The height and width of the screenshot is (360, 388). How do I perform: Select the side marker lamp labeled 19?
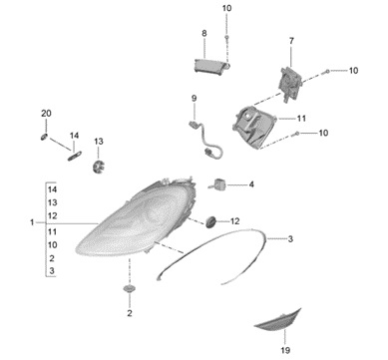277,321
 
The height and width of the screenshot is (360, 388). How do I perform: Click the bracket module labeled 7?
290,83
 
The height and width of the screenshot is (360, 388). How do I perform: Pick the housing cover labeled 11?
254,127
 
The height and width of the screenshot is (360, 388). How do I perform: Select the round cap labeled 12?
210,221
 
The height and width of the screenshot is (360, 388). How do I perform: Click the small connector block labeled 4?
218,183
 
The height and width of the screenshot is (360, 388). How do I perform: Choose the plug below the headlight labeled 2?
129,288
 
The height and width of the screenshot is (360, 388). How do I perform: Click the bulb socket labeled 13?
99,166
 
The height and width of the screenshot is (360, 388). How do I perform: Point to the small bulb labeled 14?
75,156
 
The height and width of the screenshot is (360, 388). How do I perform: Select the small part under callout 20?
45,137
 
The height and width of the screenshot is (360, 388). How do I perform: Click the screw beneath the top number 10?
226,37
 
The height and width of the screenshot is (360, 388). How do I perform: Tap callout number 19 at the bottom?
285,350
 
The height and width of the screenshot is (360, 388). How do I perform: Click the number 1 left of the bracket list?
32,221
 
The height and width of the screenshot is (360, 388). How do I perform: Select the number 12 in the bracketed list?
52,215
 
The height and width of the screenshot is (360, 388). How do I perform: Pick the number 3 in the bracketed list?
52,270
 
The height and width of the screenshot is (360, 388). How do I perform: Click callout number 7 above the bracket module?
291,41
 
